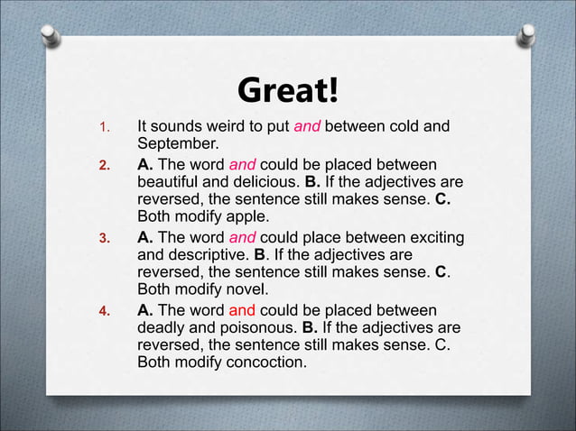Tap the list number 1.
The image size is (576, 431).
coord(103,126)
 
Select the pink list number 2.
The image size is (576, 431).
coord(103,166)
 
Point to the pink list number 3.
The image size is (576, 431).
coord(103,239)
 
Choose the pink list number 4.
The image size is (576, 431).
coord(103,312)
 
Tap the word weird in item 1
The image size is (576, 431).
coord(234,126)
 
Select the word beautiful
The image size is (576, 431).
coord(170,182)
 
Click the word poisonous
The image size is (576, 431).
coord(258,327)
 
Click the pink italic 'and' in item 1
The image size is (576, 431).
coord(307,126)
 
